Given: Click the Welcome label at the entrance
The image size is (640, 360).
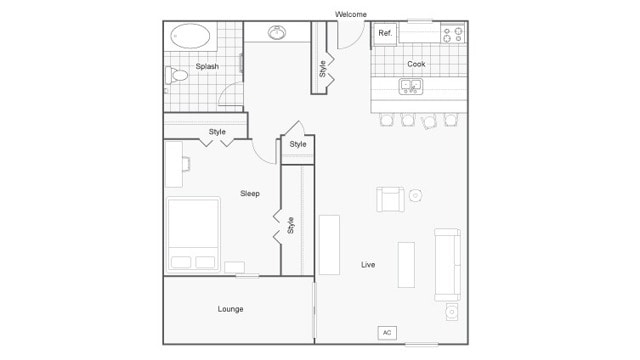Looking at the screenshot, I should [x=351, y=14].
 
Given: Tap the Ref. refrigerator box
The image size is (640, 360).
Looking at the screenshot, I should [x=386, y=33].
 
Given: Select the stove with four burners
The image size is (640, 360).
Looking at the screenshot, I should [x=453, y=33].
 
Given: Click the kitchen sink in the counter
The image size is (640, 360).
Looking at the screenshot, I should [x=411, y=86].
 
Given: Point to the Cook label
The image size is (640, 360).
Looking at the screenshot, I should [x=416, y=64].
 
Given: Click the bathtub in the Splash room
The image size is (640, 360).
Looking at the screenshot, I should [x=191, y=38].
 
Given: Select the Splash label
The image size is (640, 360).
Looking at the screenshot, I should [x=207, y=67].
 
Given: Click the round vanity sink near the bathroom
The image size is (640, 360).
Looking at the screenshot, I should [x=277, y=33].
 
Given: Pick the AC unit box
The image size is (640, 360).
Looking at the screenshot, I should [x=387, y=332].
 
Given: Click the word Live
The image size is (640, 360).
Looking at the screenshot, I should [x=368, y=264].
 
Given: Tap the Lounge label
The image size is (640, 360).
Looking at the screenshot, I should [x=230, y=309].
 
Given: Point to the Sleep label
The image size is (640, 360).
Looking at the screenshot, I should [x=250, y=193].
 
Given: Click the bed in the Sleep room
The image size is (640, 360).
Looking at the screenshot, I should [x=193, y=234].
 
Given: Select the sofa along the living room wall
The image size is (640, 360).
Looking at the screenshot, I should [x=447, y=265].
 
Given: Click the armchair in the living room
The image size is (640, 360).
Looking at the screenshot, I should [x=390, y=199].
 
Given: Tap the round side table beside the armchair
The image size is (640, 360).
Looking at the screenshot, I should [x=416, y=195].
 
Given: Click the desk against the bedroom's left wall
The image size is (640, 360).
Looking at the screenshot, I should [x=175, y=164].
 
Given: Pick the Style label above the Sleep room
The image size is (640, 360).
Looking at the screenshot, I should [x=217, y=132].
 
